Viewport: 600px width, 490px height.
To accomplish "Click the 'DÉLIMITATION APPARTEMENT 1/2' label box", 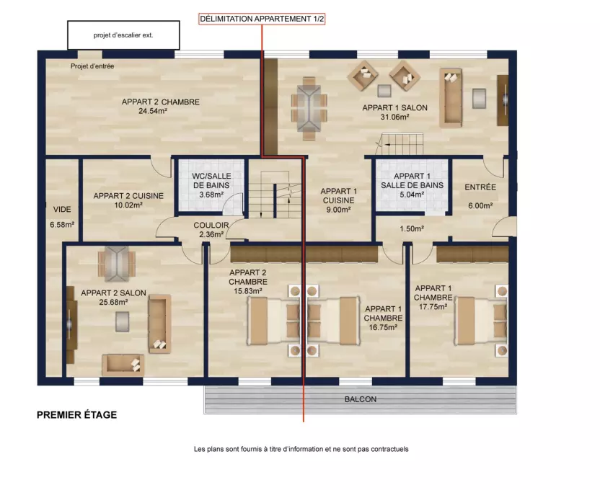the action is click(x=262, y=19).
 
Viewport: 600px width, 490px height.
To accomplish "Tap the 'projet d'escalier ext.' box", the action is click(x=123, y=35).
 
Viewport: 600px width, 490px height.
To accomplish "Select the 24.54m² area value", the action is click(x=153, y=111).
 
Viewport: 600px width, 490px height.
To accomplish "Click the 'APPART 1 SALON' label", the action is click(x=395, y=108).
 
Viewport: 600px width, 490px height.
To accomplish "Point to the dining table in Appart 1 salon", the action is click(x=309, y=108).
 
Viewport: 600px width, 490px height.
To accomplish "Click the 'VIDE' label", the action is click(x=62, y=210).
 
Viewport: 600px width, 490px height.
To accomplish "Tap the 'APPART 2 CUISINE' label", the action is click(x=128, y=196).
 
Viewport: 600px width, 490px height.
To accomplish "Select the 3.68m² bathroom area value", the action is click(x=211, y=195).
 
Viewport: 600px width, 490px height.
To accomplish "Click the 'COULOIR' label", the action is click(x=211, y=225).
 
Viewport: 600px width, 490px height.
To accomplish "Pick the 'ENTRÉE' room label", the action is click(x=480, y=187).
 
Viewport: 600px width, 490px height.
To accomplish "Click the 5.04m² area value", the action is click(x=412, y=195).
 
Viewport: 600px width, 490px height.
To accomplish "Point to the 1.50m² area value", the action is click(x=412, y=229).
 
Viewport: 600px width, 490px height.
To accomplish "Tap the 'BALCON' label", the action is click(x=361, y=399).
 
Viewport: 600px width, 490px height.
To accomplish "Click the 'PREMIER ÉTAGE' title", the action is click(x=77, y=415).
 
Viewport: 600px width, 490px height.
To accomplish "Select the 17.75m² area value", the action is click(x=433, y=307).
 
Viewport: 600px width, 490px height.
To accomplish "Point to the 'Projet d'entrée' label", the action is click(x=92, y=66).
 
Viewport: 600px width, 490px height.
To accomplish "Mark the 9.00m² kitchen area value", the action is click(x=338, y=210).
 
